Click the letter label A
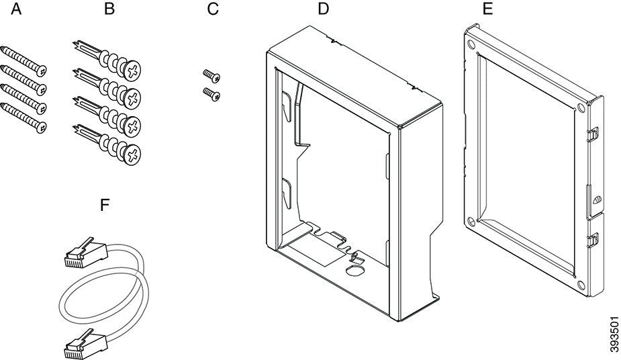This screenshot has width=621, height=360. pyautogui.click(x=15, y=9)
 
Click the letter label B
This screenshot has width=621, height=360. pyautogui.click(x=109, y=9)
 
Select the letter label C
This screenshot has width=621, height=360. pyautogui.click(x=213, y=9)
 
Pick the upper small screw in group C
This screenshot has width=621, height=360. pyautogui.click(x=209, y=75)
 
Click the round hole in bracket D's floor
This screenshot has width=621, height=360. pyautogui.click(x=353, y=269)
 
